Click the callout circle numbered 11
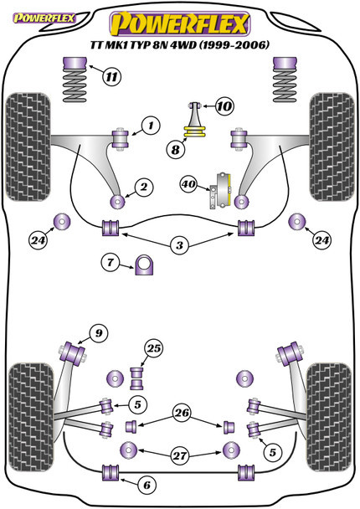111,77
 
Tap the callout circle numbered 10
224,105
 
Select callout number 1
151,126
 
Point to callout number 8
175,150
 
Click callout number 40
188,184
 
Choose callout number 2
143,187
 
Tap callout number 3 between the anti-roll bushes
179,245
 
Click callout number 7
111,262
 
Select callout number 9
99,333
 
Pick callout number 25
154,348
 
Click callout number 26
182,413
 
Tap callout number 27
179,455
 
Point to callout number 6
147,485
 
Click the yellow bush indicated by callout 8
195,132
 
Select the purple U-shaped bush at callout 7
144,265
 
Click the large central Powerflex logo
180,24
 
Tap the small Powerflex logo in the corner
44,18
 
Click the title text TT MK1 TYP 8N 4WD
143,45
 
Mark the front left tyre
28,147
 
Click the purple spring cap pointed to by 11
75,64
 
